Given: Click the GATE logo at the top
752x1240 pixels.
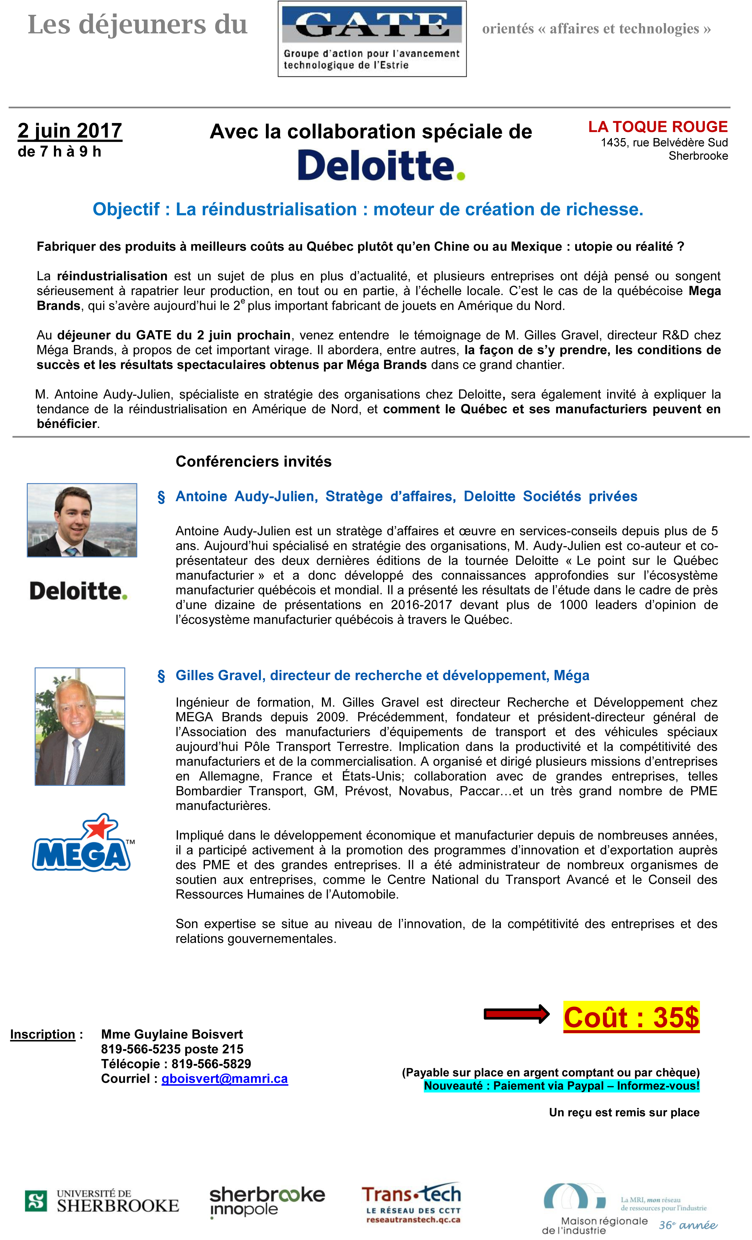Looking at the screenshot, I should (x=372, y=39).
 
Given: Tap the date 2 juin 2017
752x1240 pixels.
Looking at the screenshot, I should (x=70, y=131).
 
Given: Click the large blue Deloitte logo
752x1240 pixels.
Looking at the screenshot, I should (x=381, y=165).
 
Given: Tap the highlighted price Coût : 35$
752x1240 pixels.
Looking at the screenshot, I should (x=631, y=1017).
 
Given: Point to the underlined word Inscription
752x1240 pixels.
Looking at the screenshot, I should (x=43, y=1034).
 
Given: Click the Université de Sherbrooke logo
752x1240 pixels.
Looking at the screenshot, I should (x=102, y=1201).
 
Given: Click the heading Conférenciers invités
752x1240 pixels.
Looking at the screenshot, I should (x=254, y=462).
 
